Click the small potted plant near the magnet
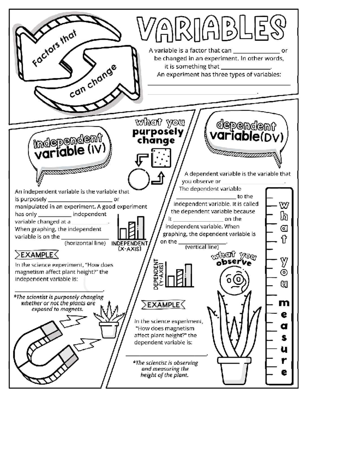tap(109, 319)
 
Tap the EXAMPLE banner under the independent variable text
tap(37, 255)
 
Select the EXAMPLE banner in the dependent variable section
tap(163, 305)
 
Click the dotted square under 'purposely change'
tap(161, 158)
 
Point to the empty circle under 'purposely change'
tap(139, 179)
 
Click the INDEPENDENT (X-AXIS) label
tap(129, 246)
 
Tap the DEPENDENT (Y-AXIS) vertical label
tap(159, 274)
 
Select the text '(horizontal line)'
tap(85, 243)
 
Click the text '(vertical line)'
tap(202, 247)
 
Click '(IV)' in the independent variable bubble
tap(97, 149)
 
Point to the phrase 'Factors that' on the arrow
tap(54, 48)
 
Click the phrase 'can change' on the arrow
tap(93, 81)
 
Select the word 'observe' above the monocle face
tap(234, 263)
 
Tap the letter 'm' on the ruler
tap(284, 303)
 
